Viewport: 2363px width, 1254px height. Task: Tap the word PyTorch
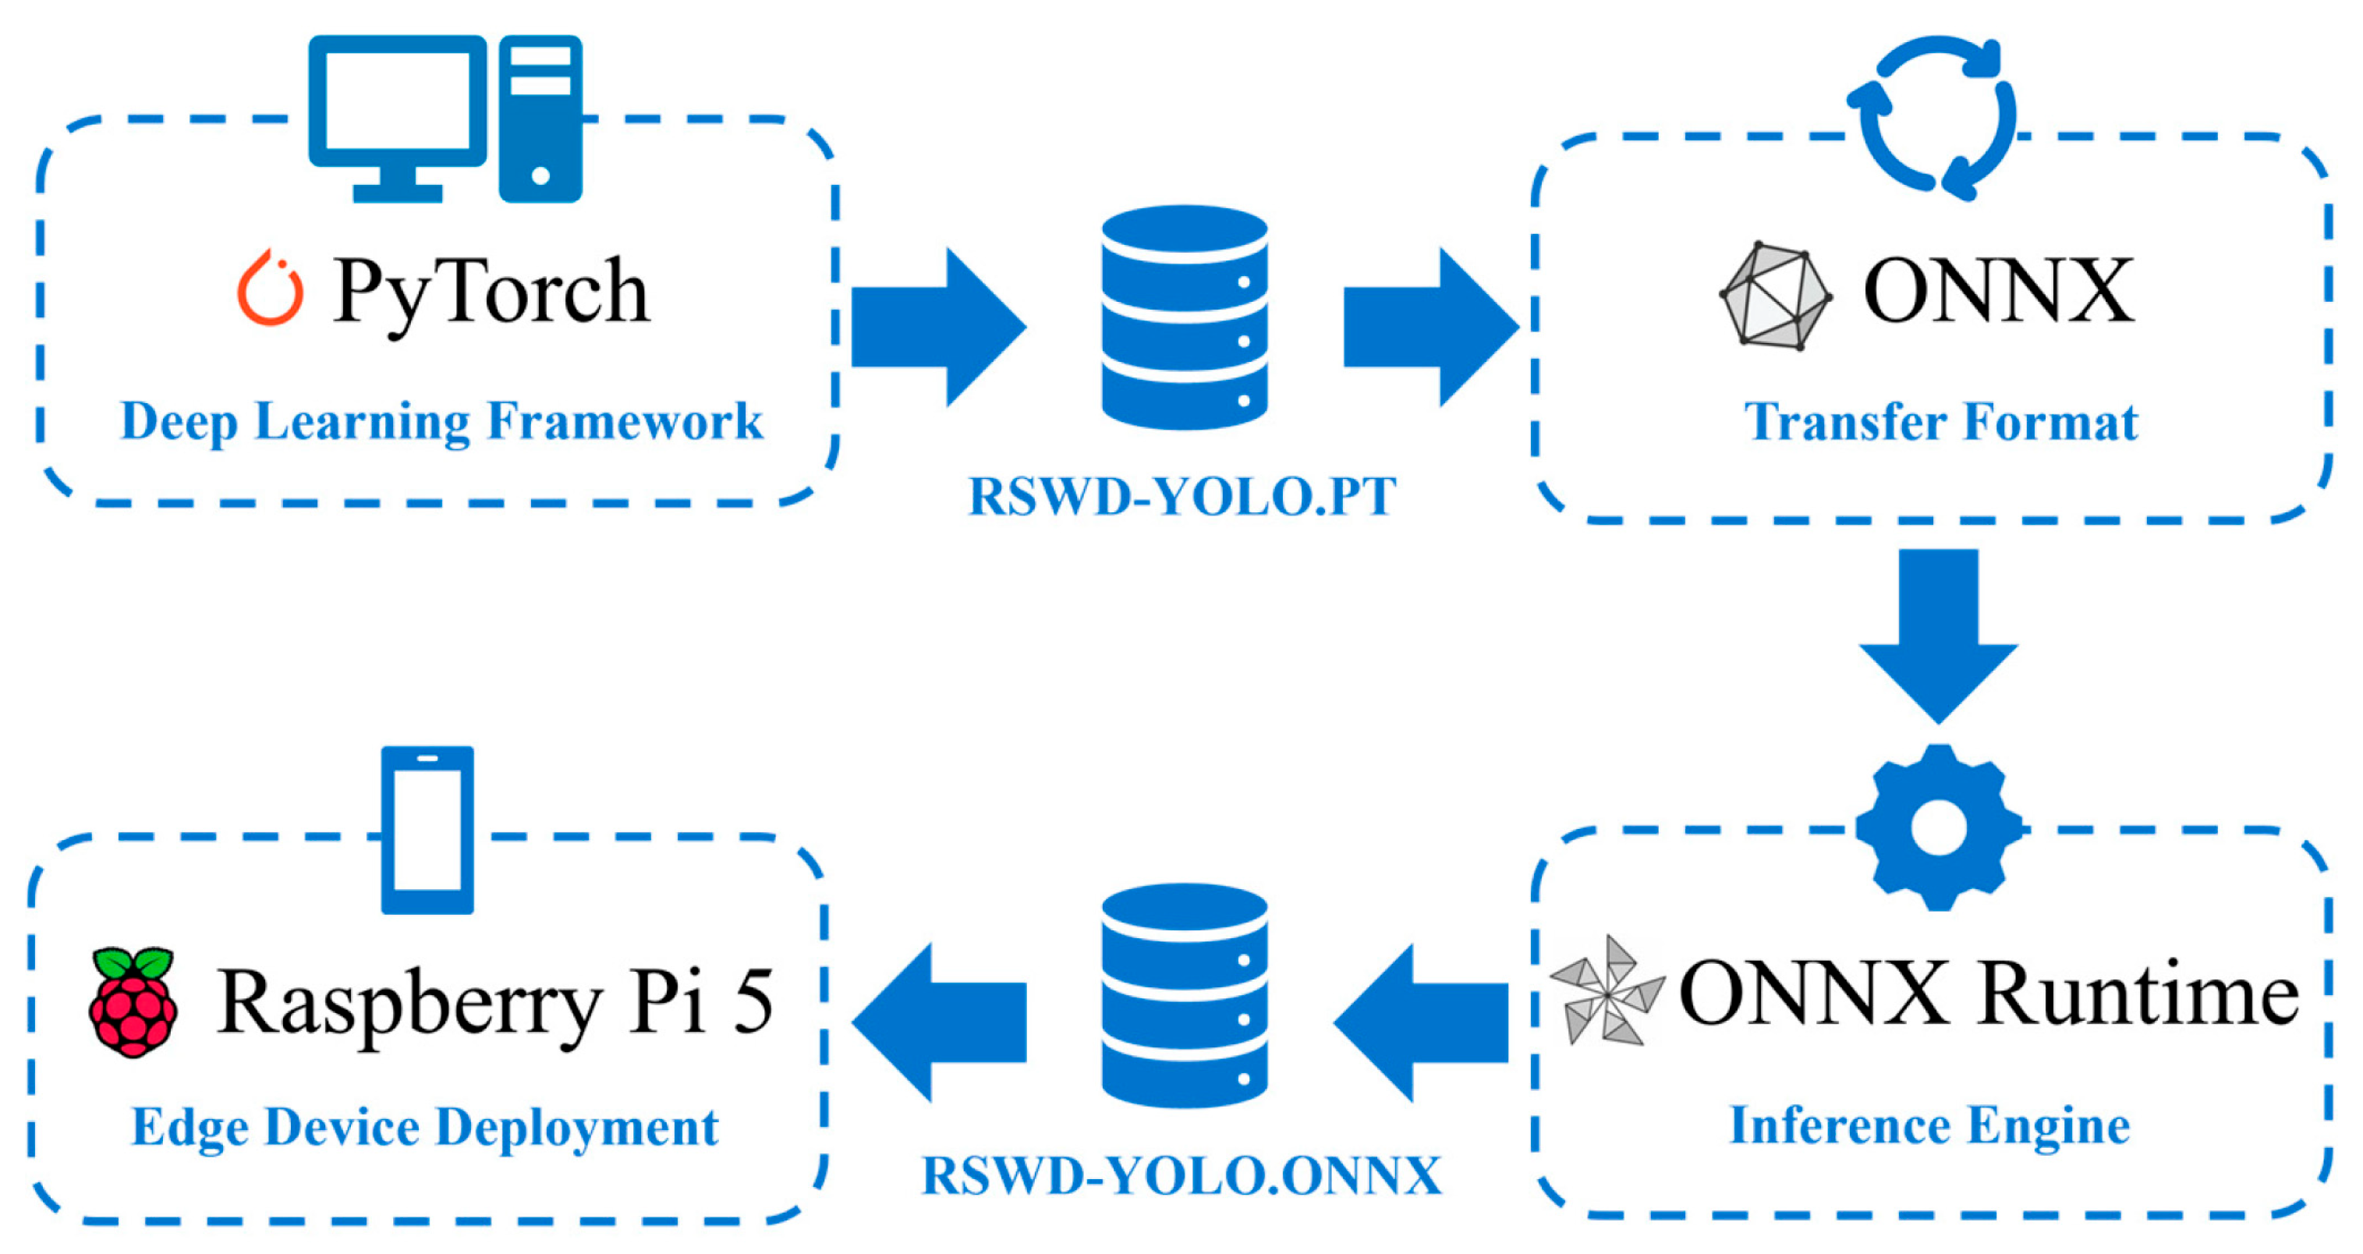point(491,292)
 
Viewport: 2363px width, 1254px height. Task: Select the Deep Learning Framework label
point(441,422)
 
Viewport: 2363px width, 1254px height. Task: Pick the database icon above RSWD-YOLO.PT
point(1185,317)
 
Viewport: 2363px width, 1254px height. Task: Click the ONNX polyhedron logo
point(1775,296)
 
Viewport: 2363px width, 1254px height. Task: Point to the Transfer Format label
point(1940,423)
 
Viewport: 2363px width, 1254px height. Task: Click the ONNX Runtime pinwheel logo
point(1607,990)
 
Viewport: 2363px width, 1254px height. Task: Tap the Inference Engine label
point(1929,1125)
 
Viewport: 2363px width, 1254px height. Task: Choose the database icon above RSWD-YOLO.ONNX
point(1185,995)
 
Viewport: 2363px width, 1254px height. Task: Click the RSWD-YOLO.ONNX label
point(1181,1176)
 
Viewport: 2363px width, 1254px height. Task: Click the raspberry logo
point(133,1002)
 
